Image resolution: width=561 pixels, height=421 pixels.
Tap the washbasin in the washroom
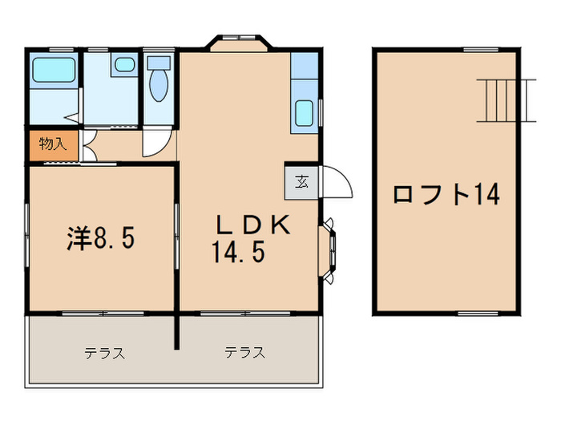pyautogui.click(x=124, y=64)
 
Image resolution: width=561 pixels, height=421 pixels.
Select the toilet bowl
pyautogui.click(x=159, y=85)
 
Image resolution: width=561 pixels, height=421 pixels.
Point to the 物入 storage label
pyautogui.click(x=52, y=144)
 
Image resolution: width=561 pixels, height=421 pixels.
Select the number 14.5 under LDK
pyautogui.click(x=239, y=253)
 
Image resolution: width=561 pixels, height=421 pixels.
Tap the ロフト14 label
pyautogui.click(x=446, y=194)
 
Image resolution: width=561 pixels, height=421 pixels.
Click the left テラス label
pyautogui.click(x=105, y=353)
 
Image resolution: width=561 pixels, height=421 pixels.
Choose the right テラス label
pyautogui.click(x=244, y=353)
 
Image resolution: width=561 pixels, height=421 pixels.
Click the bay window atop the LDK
pyautogui.click(x=237, y=43)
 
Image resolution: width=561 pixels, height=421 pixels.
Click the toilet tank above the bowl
pyautogui.click(x=160, y=62)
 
